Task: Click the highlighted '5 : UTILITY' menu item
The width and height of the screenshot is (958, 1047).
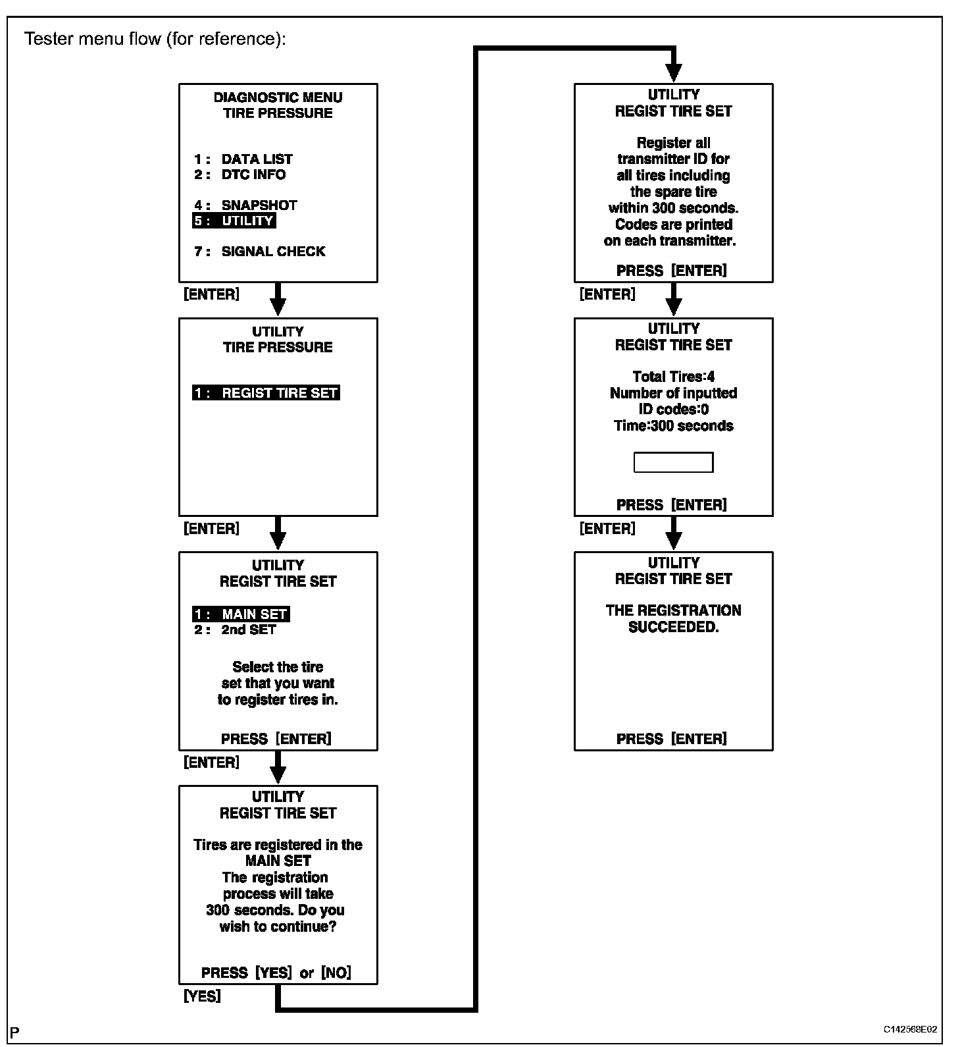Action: tap(234, 221)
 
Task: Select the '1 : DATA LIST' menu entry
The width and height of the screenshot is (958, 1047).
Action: tap(243, 159)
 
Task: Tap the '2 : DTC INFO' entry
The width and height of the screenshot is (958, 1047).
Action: tap(240, 174)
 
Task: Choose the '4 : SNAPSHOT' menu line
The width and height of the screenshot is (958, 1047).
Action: tap(245, 205)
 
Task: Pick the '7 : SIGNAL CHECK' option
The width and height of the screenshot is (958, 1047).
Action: tap(260, 252)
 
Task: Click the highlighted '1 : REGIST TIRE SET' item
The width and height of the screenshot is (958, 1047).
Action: tap(266, 393)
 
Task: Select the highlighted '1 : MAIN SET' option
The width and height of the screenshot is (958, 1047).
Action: tap(241, 614)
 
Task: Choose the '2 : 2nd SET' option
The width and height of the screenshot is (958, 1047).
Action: tap(235, 630)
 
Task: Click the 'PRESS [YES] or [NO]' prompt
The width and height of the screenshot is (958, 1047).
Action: tap(276, 973)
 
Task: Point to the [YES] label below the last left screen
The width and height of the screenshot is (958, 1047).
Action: tap(202, 996)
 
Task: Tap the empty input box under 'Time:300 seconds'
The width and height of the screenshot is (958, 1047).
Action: tap(673, 462)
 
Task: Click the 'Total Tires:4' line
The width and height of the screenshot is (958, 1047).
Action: tap(673, 377)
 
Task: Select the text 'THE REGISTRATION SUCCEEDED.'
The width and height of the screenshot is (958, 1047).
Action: tap(673, 619)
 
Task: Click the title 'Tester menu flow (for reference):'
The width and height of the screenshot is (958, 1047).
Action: tap(155, 39)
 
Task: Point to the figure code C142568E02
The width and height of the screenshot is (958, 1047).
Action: tap(910, 1029)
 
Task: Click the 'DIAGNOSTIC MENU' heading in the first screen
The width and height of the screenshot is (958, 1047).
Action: tap(278, 97)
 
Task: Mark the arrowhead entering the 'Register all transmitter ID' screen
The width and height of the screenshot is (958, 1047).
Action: tap(674, 72)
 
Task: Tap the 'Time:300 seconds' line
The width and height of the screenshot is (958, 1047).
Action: tap(673, 426)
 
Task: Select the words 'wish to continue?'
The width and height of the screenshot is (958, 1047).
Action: tap(278, 926)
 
